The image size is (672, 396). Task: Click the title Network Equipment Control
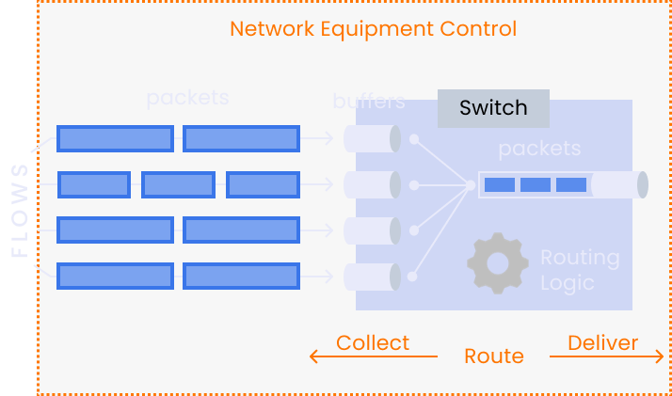(x=373, y=28)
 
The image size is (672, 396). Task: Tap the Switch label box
(x=493, y=108)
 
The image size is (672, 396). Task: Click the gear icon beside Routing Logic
(x=498, y=262)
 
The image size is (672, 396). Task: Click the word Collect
(x=373, y=342)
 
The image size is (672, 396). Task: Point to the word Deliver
(x=602, y=342)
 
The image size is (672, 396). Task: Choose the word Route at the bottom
(x=493, y=356)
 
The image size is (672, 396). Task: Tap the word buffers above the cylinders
(x=369, y=101)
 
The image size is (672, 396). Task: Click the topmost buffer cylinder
(x=367, y=139)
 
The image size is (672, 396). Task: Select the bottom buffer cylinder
(x=367, y=277)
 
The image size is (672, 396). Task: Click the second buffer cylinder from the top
(x=367, y=185)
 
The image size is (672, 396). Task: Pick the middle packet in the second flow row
(x=178, y=184)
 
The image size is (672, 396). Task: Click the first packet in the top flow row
(x=115, y=139)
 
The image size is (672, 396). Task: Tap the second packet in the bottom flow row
(x=241, y=276)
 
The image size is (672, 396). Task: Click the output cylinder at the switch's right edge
(x=619, y=184)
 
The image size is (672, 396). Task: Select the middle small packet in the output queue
(x=535, y=184)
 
